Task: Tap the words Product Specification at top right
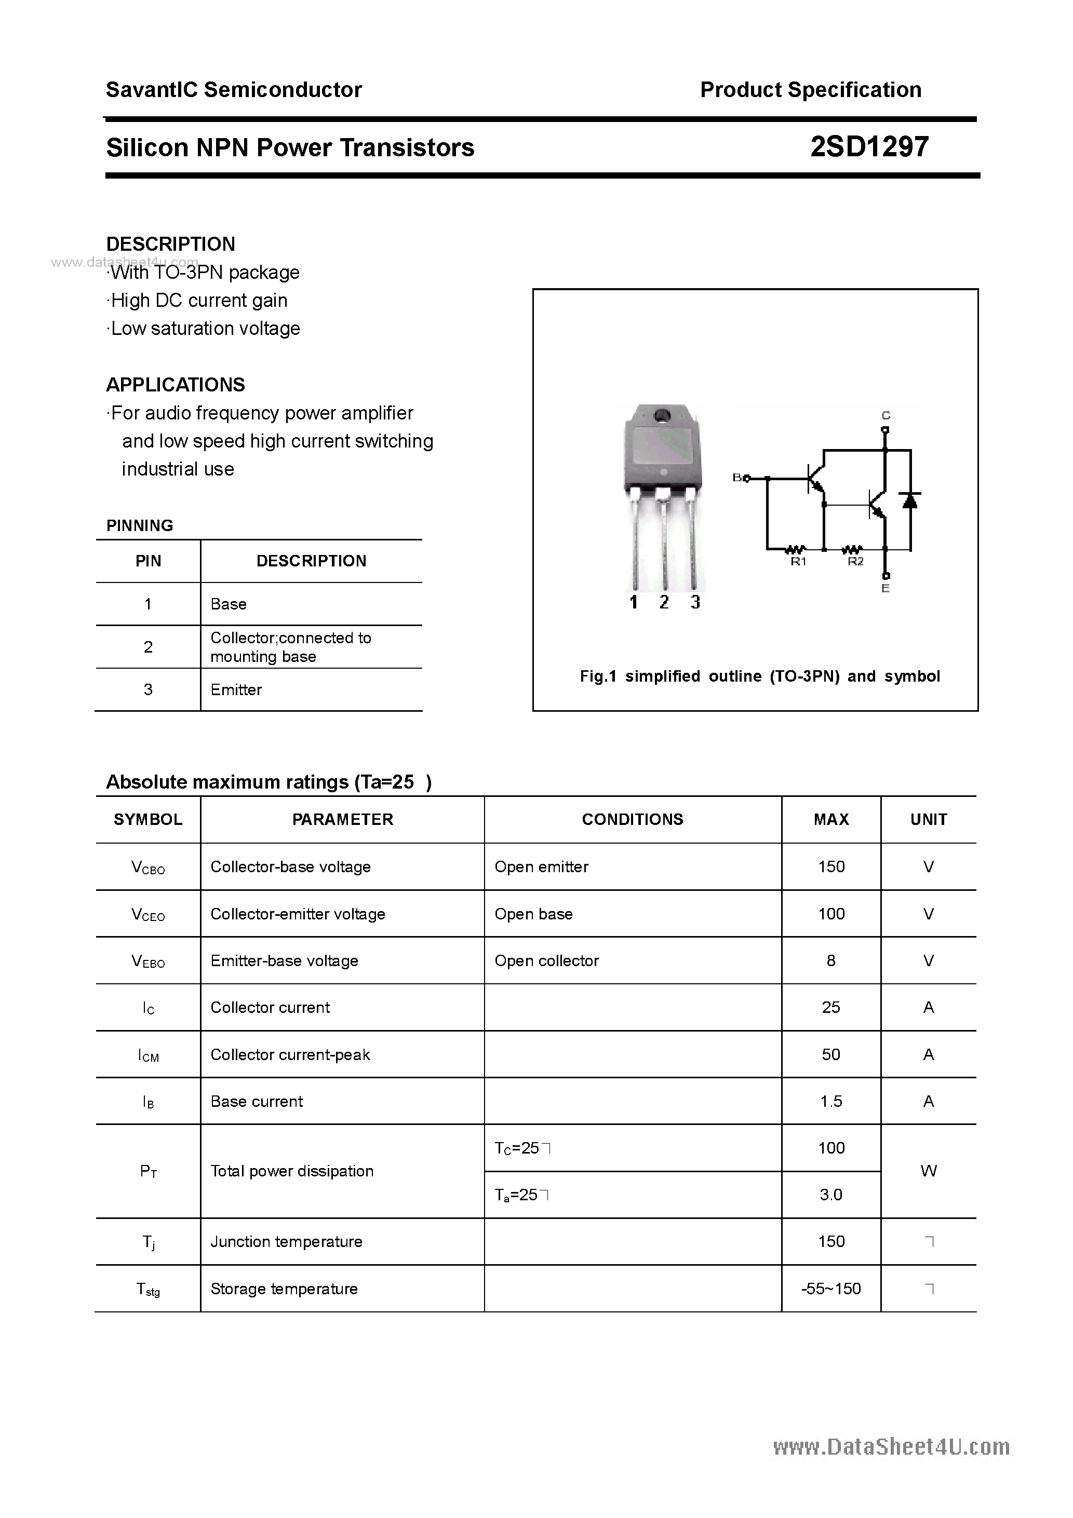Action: (810, 89)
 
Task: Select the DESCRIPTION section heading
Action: (171, 244)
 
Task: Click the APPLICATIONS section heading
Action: (176, 385)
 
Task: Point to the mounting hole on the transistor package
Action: (661, 416)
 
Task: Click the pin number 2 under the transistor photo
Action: (664, 602)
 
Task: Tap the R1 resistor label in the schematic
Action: (798, 562)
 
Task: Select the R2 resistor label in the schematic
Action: (855, 562)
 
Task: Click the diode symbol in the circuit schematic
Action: (910, 500)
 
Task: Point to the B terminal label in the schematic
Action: (737, 477)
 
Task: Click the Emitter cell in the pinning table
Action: (236, 689)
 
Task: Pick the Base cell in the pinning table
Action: (228, 604)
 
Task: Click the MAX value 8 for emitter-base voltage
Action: (830, 960)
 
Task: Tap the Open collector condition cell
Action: (546, 960)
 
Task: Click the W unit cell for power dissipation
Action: (928, 1171)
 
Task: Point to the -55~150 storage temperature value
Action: (830, 1289)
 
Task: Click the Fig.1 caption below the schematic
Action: (759, 676)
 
